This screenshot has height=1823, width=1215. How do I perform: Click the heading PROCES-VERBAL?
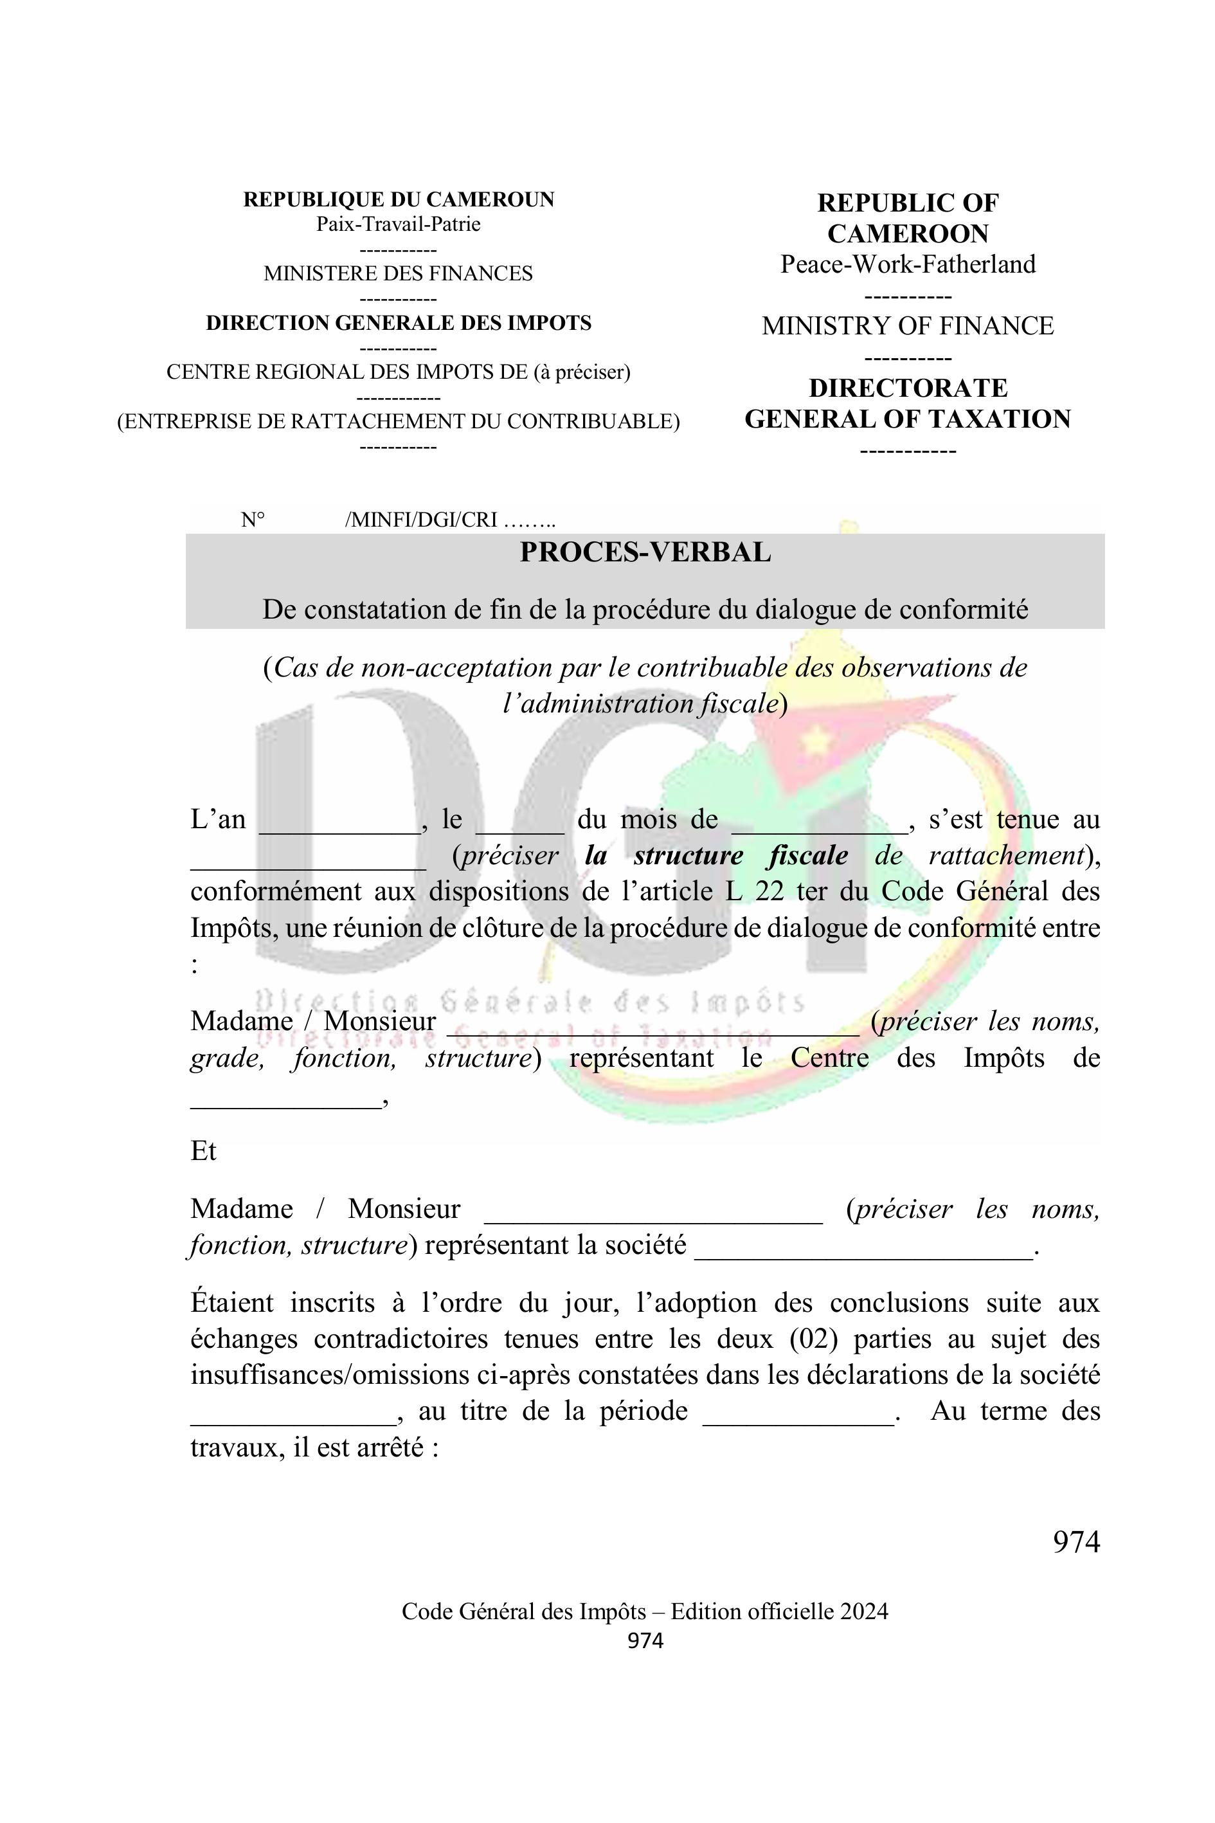pyautogui.click(x=645, y=552)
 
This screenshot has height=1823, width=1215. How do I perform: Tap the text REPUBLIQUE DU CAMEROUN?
pyautogui.click(x=399, y=200)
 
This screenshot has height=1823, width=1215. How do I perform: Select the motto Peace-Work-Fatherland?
pyautogui.click(x=907, y=264)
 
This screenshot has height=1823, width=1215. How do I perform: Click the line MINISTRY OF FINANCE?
pyautogui.click(x=907, y=326)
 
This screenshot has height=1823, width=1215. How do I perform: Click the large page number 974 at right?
pyautogui.click(x=1075, y=1543)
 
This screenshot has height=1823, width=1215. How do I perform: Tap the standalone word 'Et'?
pyautogui.click(x=203, y=1151)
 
